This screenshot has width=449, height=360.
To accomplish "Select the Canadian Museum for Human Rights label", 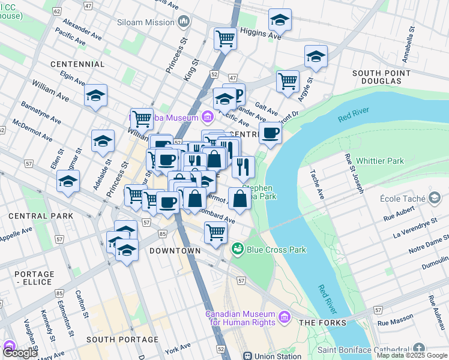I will (240, 318).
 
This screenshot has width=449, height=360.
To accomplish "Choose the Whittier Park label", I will (379, 161).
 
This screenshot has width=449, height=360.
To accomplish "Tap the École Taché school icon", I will (433, 199).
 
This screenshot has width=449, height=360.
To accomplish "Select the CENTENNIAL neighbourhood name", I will (78, 64).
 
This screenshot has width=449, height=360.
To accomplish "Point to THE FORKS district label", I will (322, 323).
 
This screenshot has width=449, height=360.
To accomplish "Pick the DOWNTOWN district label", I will (175, 250).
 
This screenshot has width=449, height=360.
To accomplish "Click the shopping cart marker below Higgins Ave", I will (225, 38).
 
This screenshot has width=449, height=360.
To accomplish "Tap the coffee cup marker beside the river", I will (271, 133).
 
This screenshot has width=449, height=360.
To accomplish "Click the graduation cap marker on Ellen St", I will (68, 180).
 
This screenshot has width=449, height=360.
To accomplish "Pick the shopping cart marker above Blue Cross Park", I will (215, 232).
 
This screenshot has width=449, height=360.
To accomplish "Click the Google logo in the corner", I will (19, 352).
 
